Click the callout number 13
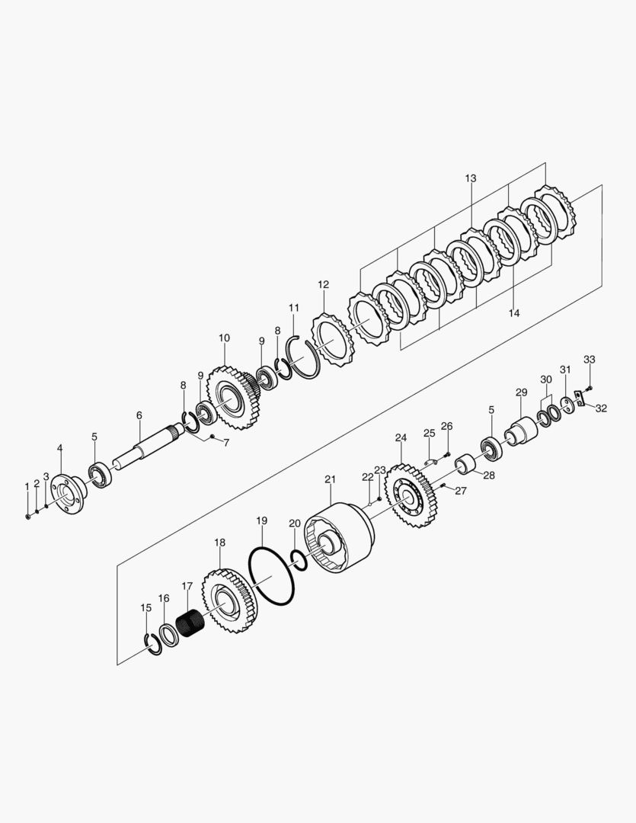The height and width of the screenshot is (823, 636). coord(471,178)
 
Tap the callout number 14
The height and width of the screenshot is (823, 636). coord(514,312)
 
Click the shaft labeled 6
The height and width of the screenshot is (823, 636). coord(145,450)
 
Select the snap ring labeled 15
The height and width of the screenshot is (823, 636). coord(153,645)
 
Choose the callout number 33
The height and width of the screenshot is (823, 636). coord(589,359)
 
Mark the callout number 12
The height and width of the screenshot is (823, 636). coord(324,284)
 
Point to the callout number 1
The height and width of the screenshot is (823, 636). coord(27,485)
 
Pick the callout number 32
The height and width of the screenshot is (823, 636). coord(601,408)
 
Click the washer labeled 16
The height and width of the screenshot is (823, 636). coord(168,634)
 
